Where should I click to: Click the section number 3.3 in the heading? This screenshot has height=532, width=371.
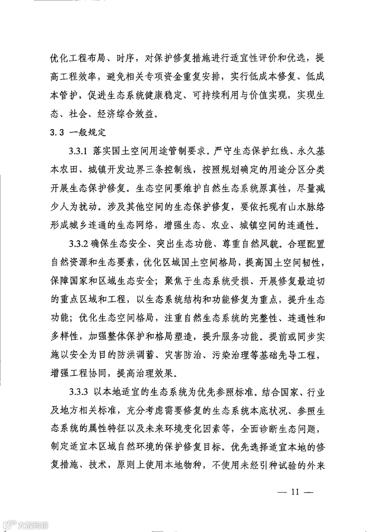57,132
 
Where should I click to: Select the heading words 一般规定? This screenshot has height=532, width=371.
87,132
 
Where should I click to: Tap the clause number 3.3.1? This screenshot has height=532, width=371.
79,151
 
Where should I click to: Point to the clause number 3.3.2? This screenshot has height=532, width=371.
79,244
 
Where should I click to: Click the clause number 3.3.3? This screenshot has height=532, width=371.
79,392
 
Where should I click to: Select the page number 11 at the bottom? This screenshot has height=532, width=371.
295,491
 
